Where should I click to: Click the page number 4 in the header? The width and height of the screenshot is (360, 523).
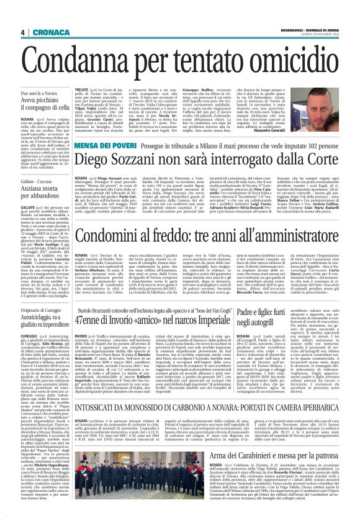click(22, 33)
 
